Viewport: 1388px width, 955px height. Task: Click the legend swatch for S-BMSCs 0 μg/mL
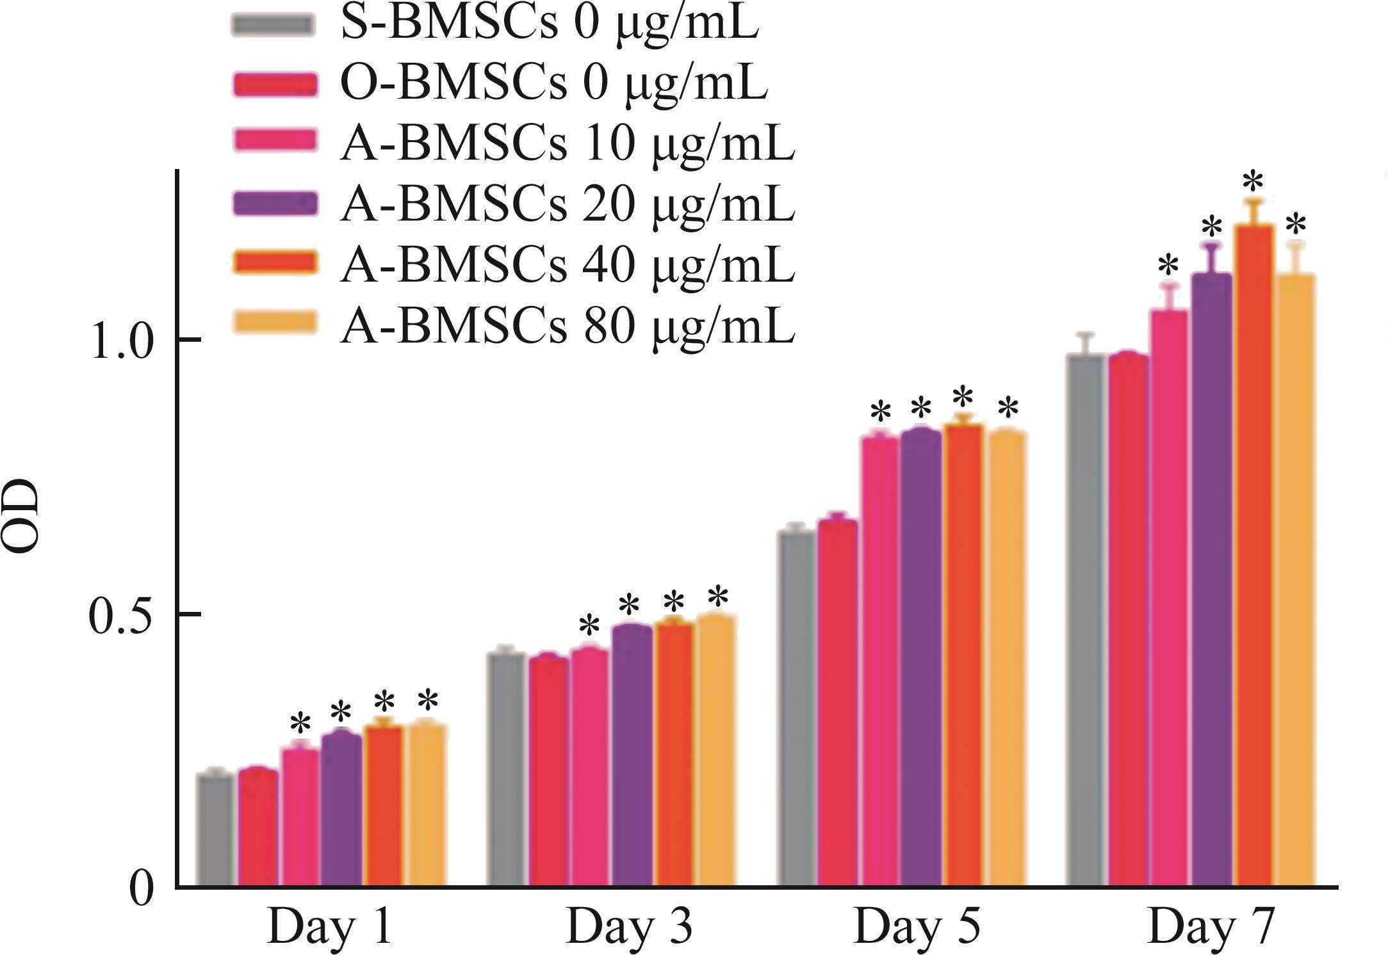pyautogui.click(x=274, y=24)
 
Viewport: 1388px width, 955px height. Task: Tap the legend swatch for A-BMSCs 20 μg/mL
pyautogui.click(x=274, y=204)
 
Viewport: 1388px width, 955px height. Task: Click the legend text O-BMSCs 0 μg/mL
pyautogui.click(x=553, y=84)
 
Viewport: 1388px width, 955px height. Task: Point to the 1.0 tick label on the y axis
pyautogui.click(x=122, y=342)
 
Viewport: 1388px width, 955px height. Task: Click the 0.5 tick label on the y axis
pyautogui.click(x=122, y=617)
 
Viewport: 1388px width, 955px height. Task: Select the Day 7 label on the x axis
pyautogui.click(x=1210, y=927)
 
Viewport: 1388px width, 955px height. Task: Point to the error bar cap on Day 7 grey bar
pyautogui.click(x=1085, y=335)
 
